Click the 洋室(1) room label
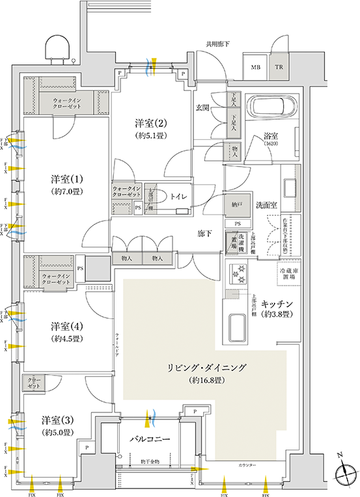point(64,178)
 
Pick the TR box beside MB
point(278,67)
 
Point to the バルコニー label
point(153,440)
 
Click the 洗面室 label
point(266,204)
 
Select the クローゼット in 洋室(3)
point(35,383)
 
